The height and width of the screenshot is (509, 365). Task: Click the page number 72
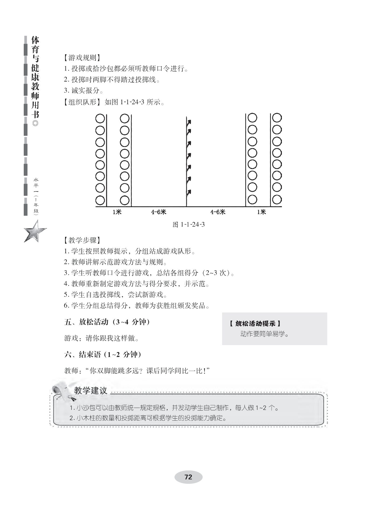click(x=188, y=477)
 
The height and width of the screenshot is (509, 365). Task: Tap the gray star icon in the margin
click(x=35, y=231)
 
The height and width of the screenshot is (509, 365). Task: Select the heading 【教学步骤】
click(x=80, y=240)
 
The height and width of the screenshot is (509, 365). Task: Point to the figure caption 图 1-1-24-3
click(x=189, y=224)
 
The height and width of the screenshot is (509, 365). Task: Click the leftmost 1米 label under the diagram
click(x=117, y=212)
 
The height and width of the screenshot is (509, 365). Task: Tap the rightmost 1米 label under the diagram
click(x=261, y=212)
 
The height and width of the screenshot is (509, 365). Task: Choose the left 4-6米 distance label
click(x=159, y=212)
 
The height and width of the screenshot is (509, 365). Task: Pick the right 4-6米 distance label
click(x=218, y=212)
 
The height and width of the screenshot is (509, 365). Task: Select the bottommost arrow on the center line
click(x=189, y=192)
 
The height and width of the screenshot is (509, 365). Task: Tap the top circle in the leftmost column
click(x=100, y=119)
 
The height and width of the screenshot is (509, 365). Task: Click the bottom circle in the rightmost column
click(x=277, y=200)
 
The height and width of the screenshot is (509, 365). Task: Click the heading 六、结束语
click(x=103, y=355)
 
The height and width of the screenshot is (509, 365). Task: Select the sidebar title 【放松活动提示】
click(x=255, y=323)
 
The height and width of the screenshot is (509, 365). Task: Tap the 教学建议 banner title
click(x=91, y=390)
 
